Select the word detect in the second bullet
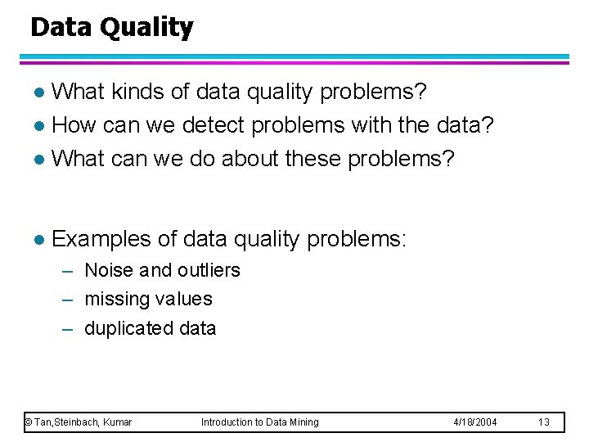tap(215, 125)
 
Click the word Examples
tap(101, 239)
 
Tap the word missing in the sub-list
tap(115, 300)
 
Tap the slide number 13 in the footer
tap(545, 422)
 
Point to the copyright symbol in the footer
tap(28, 422)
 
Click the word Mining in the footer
tap(303, 422)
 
